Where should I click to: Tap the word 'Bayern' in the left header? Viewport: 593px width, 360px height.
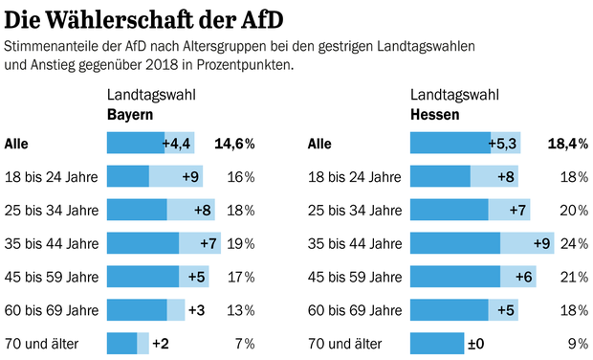tap(130, 114)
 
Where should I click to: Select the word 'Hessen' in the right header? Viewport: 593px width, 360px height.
tap(434, 114)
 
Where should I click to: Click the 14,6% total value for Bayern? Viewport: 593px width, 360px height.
tap(234, 144)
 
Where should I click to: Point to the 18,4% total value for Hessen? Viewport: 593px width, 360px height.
tap(567, 144)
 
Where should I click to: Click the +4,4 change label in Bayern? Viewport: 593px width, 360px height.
tap(178, 144)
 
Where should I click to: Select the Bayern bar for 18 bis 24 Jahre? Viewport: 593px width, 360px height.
tap(153, 177)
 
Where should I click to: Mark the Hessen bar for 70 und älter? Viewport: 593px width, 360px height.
tap(436, 343)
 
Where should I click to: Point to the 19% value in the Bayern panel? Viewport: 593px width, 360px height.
tap(241, 243)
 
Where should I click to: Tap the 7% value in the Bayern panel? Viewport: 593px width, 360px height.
tap(245, 343)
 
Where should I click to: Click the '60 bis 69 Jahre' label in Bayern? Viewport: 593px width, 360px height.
tap(52, 310)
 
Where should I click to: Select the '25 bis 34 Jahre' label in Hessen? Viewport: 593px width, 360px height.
tap(355, 211)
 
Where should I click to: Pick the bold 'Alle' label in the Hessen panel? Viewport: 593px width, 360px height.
tap(321, 144)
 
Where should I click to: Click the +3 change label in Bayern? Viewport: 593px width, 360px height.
tap(196, 310)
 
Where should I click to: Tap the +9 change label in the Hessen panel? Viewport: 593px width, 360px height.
tap(542, 243)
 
